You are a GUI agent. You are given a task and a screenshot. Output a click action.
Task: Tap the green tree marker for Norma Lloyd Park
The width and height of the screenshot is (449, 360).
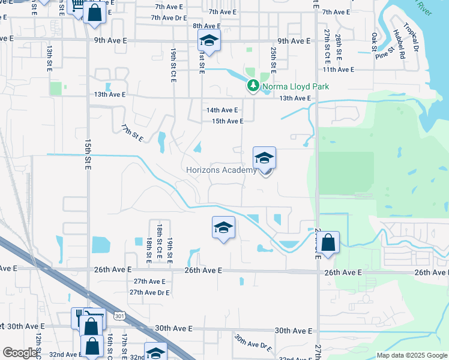pyautogui.click(x=253, y=86)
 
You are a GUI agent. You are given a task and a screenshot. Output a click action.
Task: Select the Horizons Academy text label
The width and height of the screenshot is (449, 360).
pyautogui.click(x=221, y=170)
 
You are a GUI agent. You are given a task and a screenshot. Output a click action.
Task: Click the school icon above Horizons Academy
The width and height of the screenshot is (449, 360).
pyautogui.click(x=264, y=158)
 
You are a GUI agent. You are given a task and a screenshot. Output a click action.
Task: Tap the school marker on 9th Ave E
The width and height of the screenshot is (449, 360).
pyautogui.click(x=209, y=41)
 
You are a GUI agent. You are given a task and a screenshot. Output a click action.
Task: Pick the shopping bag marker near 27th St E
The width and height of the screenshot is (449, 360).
pyautogui.click(x=328, y=243)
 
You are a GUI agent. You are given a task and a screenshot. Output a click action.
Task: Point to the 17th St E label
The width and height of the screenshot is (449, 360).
pyautogui.click(x=132, y=134)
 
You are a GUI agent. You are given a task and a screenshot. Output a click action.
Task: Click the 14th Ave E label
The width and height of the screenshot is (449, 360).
pyautogui.click(x=222, y=110)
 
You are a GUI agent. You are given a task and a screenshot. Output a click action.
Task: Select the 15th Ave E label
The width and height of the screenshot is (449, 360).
pyautogui.click(x=228, y=121)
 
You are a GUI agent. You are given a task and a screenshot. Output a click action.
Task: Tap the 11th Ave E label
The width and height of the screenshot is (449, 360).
pyautogui.click(x=338, y=70)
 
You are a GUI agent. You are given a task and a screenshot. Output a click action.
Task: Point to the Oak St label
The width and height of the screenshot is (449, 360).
pyautogui.click(x=375, y=41)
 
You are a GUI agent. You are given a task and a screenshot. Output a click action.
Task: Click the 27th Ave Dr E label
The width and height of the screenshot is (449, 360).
pyautogui.click(x=149, y=292)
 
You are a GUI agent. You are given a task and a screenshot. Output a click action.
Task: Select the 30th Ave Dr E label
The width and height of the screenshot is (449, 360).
pyautogui.click(x=254, y=344)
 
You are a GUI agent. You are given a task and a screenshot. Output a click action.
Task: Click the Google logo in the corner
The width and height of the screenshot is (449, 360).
pyautogui.click(x=20, y=353)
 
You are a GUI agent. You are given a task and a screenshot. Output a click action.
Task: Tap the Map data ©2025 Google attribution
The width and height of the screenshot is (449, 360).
pyautogui.click(x=411, y=355)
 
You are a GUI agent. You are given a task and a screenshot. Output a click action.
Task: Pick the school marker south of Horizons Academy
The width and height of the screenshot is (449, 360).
pyautogui.click(x=223, y=228)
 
